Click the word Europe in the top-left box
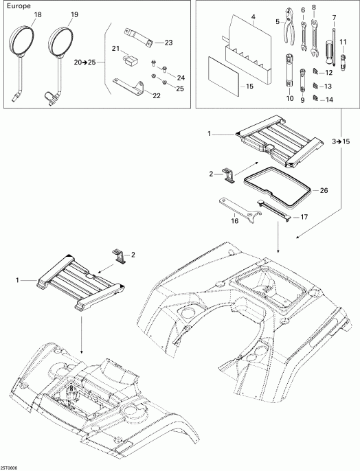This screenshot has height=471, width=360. tap(18, 7)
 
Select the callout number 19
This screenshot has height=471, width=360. tap(74, 14)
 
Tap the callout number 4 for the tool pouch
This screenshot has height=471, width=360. tap(254, 16)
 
